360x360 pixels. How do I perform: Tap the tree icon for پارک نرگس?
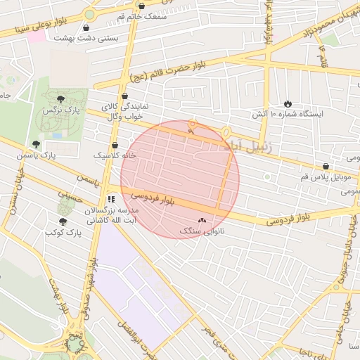60,98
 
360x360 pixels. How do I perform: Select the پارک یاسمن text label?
58,153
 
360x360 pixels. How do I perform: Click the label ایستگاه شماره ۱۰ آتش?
287,115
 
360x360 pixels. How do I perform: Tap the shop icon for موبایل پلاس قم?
326,167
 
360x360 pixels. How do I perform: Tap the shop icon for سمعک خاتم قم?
142,6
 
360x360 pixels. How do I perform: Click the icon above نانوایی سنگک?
203,220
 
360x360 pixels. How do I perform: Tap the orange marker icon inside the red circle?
192,127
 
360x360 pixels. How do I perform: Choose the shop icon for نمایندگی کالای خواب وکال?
125,96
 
